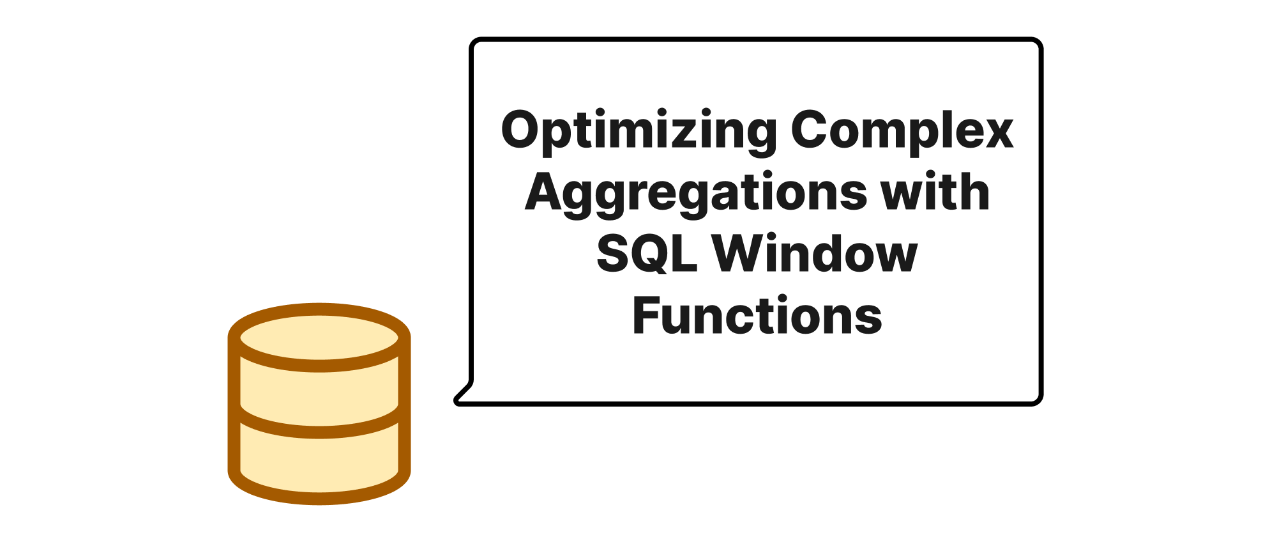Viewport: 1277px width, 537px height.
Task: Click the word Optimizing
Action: click(x=639, y=131)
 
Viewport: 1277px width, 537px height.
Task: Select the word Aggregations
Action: click(x=695, y=192)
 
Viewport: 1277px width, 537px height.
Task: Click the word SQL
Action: click(x=646, y=253)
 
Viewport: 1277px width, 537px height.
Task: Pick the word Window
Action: click(x=815, y=253)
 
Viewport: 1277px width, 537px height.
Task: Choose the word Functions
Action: click(x=757, y=315)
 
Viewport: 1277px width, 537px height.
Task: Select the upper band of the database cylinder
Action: click(x=319, y=387)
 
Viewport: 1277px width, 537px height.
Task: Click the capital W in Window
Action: click(x=743, y=253)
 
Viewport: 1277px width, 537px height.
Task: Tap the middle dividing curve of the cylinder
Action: click(x=319, y=430)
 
